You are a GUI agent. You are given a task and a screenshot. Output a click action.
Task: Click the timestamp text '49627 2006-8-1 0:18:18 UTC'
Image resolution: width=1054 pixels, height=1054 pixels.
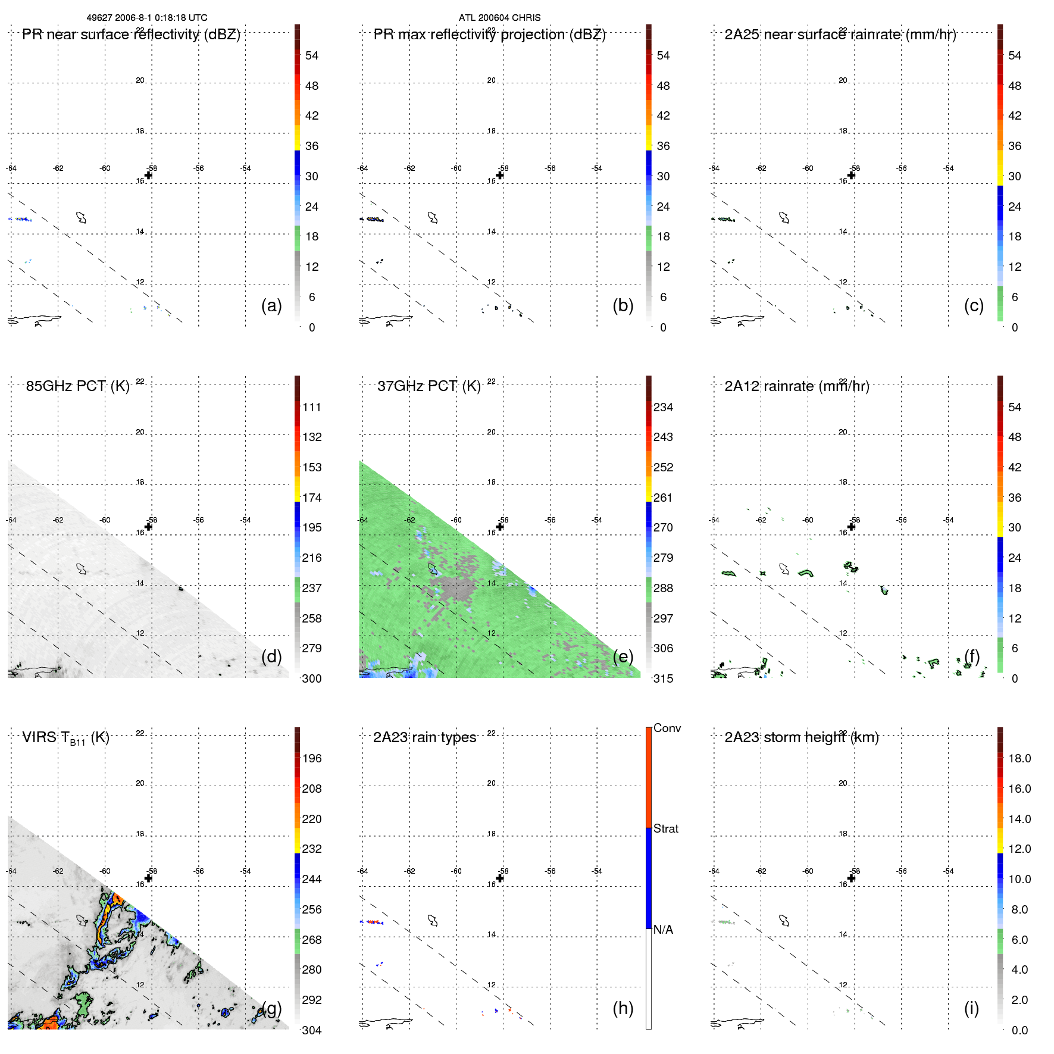coord(147,18)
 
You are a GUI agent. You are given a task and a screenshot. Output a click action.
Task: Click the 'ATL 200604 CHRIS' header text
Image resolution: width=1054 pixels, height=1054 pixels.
coord(499,18)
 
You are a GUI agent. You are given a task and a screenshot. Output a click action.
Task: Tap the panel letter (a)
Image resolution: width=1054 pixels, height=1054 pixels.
coord(271,305)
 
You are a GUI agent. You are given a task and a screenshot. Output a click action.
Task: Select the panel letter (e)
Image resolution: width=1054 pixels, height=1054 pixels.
coord(623,656)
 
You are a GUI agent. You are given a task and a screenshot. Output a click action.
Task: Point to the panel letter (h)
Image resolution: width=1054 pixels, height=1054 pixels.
coord(623,1008)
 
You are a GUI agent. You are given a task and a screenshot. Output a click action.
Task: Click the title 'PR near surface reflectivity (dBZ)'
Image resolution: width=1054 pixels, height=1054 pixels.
coord(131,35)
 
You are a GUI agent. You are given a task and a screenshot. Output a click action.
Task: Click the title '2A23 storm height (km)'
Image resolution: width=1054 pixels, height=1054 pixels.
coord(801,737)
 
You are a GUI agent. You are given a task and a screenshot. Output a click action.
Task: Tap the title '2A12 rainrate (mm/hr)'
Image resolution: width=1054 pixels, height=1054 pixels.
coord(796,386)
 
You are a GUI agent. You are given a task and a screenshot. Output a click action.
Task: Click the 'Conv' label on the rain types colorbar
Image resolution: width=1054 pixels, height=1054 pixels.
coord(667,728)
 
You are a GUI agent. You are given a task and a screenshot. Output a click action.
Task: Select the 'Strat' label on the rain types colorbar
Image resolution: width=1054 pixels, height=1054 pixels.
coord(665,828)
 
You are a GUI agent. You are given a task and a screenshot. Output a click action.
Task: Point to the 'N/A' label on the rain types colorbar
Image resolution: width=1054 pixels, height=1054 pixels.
coord(663,930)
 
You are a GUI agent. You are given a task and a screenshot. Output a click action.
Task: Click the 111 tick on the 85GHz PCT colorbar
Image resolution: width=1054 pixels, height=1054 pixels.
coord(311,407)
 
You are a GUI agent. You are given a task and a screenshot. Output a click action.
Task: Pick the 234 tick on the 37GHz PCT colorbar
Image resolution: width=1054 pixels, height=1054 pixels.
coord(663,407)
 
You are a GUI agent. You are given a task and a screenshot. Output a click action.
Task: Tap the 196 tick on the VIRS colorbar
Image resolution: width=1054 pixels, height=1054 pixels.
coord(311,758)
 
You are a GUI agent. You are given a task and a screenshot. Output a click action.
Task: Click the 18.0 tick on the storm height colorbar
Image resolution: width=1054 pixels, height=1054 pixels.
coord(1019,758)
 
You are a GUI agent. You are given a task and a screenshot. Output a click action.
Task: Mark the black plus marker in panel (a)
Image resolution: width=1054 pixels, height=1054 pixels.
coord(148,175)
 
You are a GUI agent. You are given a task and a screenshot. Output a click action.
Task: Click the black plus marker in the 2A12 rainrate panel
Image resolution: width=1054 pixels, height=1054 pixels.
coord(851,527)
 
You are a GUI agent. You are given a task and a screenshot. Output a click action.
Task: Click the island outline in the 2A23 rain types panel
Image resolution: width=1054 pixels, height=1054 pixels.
coord(433,921)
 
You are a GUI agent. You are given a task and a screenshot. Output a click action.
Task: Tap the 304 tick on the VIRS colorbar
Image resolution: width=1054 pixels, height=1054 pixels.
coord(311,1030)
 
